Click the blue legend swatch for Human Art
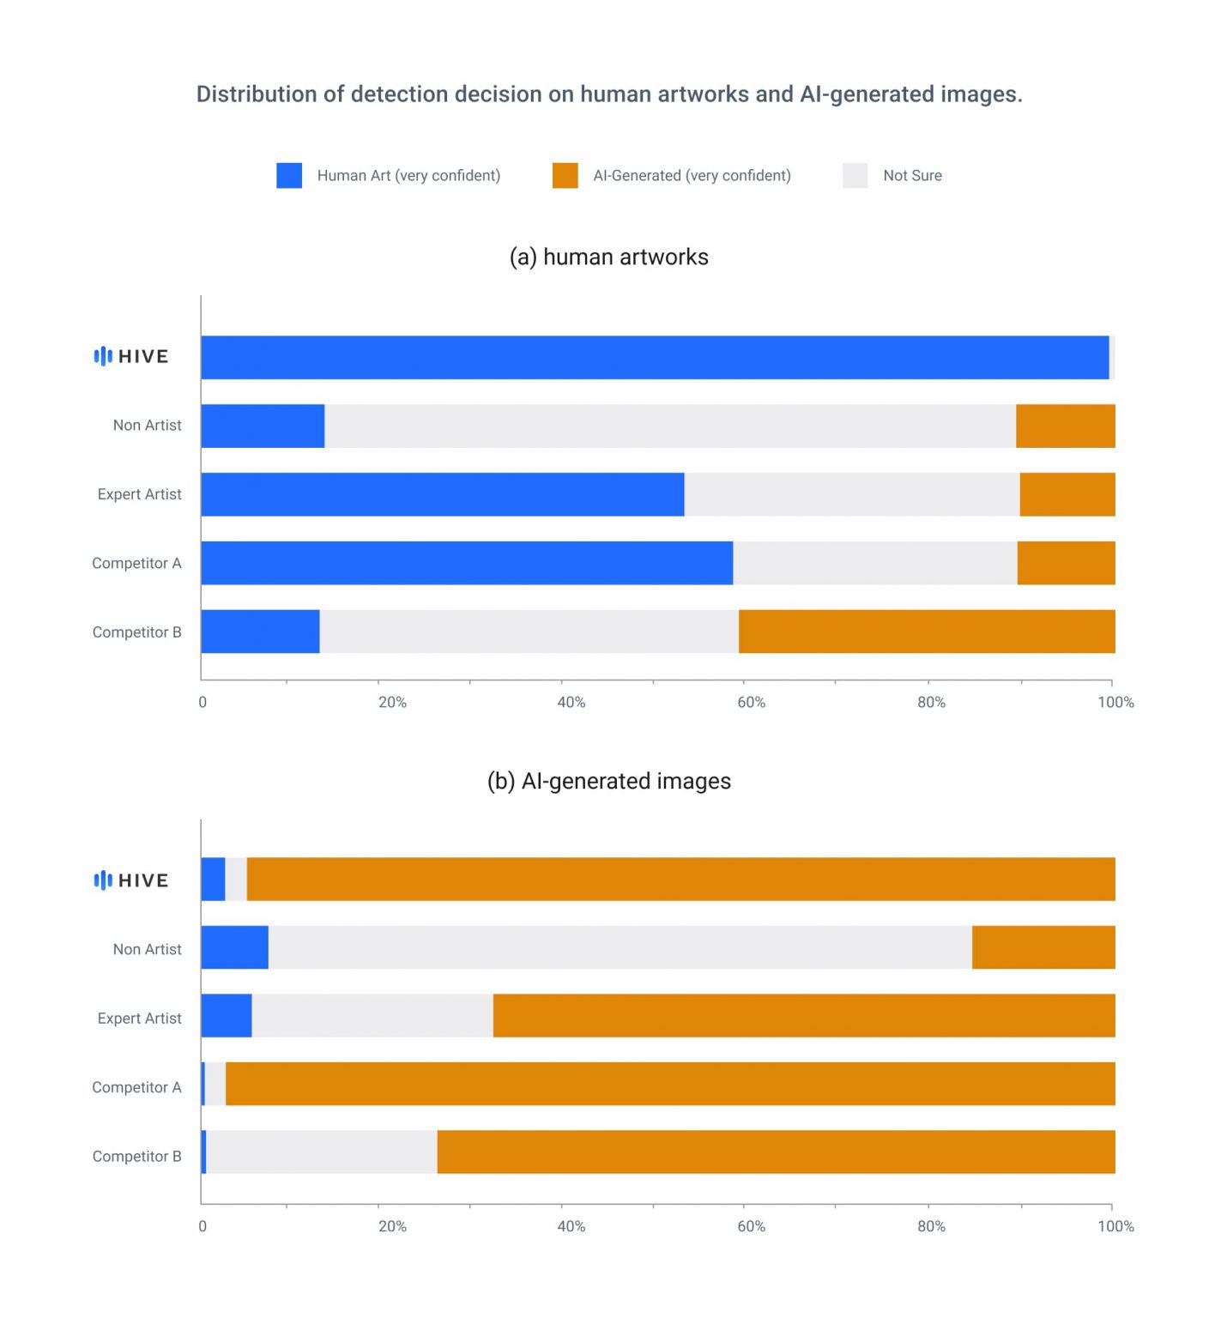pos(289,175)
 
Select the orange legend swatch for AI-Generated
pos(565,175)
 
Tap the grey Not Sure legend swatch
pos(855,175)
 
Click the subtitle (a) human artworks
pos(608,257)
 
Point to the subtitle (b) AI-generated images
pos(608,781)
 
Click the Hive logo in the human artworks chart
pos(131,356)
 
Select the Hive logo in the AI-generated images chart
pos(131,880)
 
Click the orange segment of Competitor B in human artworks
pos(927,632)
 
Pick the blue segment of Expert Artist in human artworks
pos(442,494)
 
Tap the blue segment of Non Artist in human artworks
pos(263,426)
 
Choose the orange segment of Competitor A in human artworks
pos(1066,563)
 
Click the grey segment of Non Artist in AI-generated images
pos(620,947)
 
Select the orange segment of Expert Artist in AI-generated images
pos(804,1016)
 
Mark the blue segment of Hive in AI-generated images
pos(213,879)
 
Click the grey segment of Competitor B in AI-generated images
pos(322,1152)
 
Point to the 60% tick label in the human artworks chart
pos(751,702)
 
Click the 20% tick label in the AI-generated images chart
pos(392,1226)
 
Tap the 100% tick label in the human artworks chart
pos(1115,702)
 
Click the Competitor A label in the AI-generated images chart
pos(136,1087)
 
